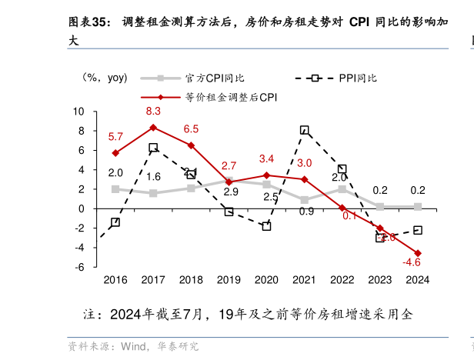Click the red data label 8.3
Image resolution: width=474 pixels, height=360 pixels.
[153, 112]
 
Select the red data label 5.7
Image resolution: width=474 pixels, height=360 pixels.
[115, 137]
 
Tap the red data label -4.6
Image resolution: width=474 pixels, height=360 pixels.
[412, 263]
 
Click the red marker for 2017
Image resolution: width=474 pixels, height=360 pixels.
[153, 127]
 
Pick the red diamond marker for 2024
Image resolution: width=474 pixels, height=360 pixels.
[418, 253]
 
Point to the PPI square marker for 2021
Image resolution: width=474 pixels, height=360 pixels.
[305, 130]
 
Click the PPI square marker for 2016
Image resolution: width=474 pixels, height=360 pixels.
[115, 222]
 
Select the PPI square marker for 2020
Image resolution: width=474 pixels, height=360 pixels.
[266, 226]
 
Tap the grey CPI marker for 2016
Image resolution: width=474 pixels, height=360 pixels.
[115, 188]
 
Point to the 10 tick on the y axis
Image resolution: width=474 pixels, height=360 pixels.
[78, 112]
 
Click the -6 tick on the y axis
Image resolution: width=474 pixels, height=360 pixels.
[79, 267]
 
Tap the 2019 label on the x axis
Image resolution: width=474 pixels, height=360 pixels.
[229, 280]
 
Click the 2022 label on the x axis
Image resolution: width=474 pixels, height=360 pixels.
[342, 280]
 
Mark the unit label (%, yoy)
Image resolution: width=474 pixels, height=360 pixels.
[105, 78]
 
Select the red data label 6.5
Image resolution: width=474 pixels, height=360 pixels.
[191, 129]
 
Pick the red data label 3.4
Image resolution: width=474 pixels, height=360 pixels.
[266, 159]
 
